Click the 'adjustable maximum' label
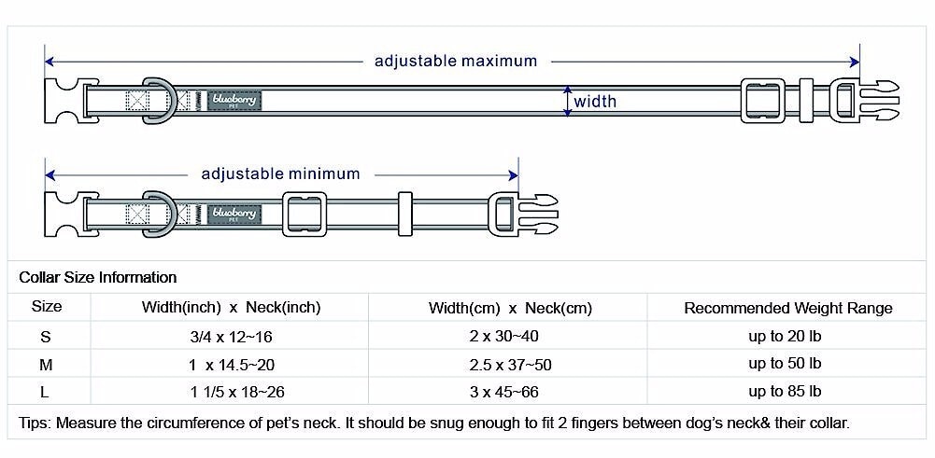[456, 62]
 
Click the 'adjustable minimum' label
[280, 174]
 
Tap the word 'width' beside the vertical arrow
[595, 102]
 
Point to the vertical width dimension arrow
[566, 101]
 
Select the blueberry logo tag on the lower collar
[235, 215]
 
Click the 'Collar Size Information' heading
[98, 277]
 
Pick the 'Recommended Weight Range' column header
[788, 308]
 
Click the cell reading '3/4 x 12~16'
[231, 336]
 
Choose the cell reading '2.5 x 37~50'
[511, 364]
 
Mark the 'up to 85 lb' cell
[785, 391]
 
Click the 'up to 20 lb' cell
[785, 335]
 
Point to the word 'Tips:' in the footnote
[35, 423]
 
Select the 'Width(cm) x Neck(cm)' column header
[511, 308]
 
